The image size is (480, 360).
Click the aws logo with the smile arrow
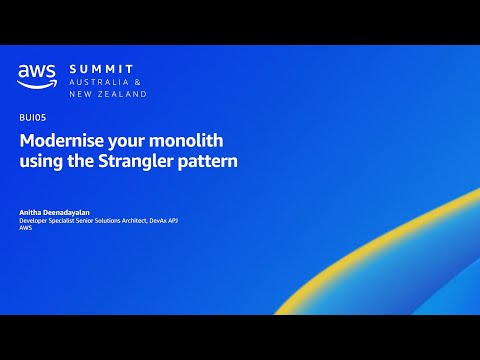coord(37,76)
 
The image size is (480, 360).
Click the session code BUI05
coord(32,117)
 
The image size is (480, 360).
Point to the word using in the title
coord(41,161)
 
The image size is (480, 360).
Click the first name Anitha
coord(30,212)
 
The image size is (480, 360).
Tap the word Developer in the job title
coord(36,220)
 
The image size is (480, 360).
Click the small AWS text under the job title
coord(26,228)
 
